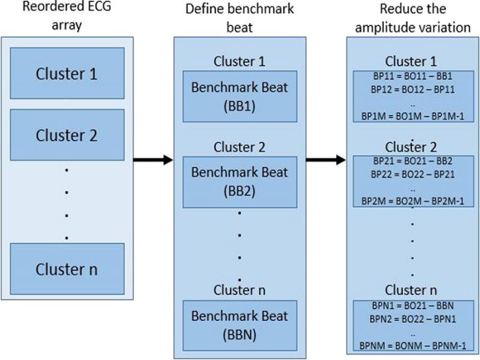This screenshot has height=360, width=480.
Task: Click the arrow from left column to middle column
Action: (152, 160)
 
